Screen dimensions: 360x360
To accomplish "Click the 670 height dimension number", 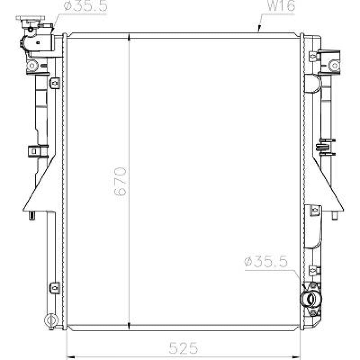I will (121, 181).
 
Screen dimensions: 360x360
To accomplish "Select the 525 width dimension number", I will (184, 348).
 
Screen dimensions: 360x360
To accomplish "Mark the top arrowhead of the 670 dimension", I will (129, 36).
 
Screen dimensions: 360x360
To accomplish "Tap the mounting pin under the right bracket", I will (334, 215).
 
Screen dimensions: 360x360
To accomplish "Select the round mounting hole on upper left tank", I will (32, 66).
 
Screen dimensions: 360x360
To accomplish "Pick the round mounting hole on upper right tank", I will (334, 66).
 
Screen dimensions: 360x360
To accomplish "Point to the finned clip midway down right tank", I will (325, 147).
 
